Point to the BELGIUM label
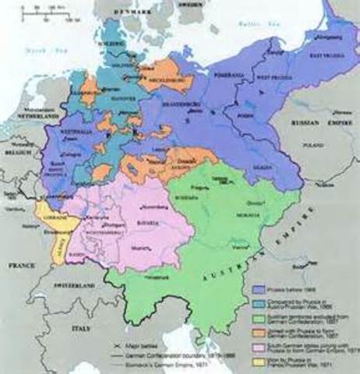tap(16, 155)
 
